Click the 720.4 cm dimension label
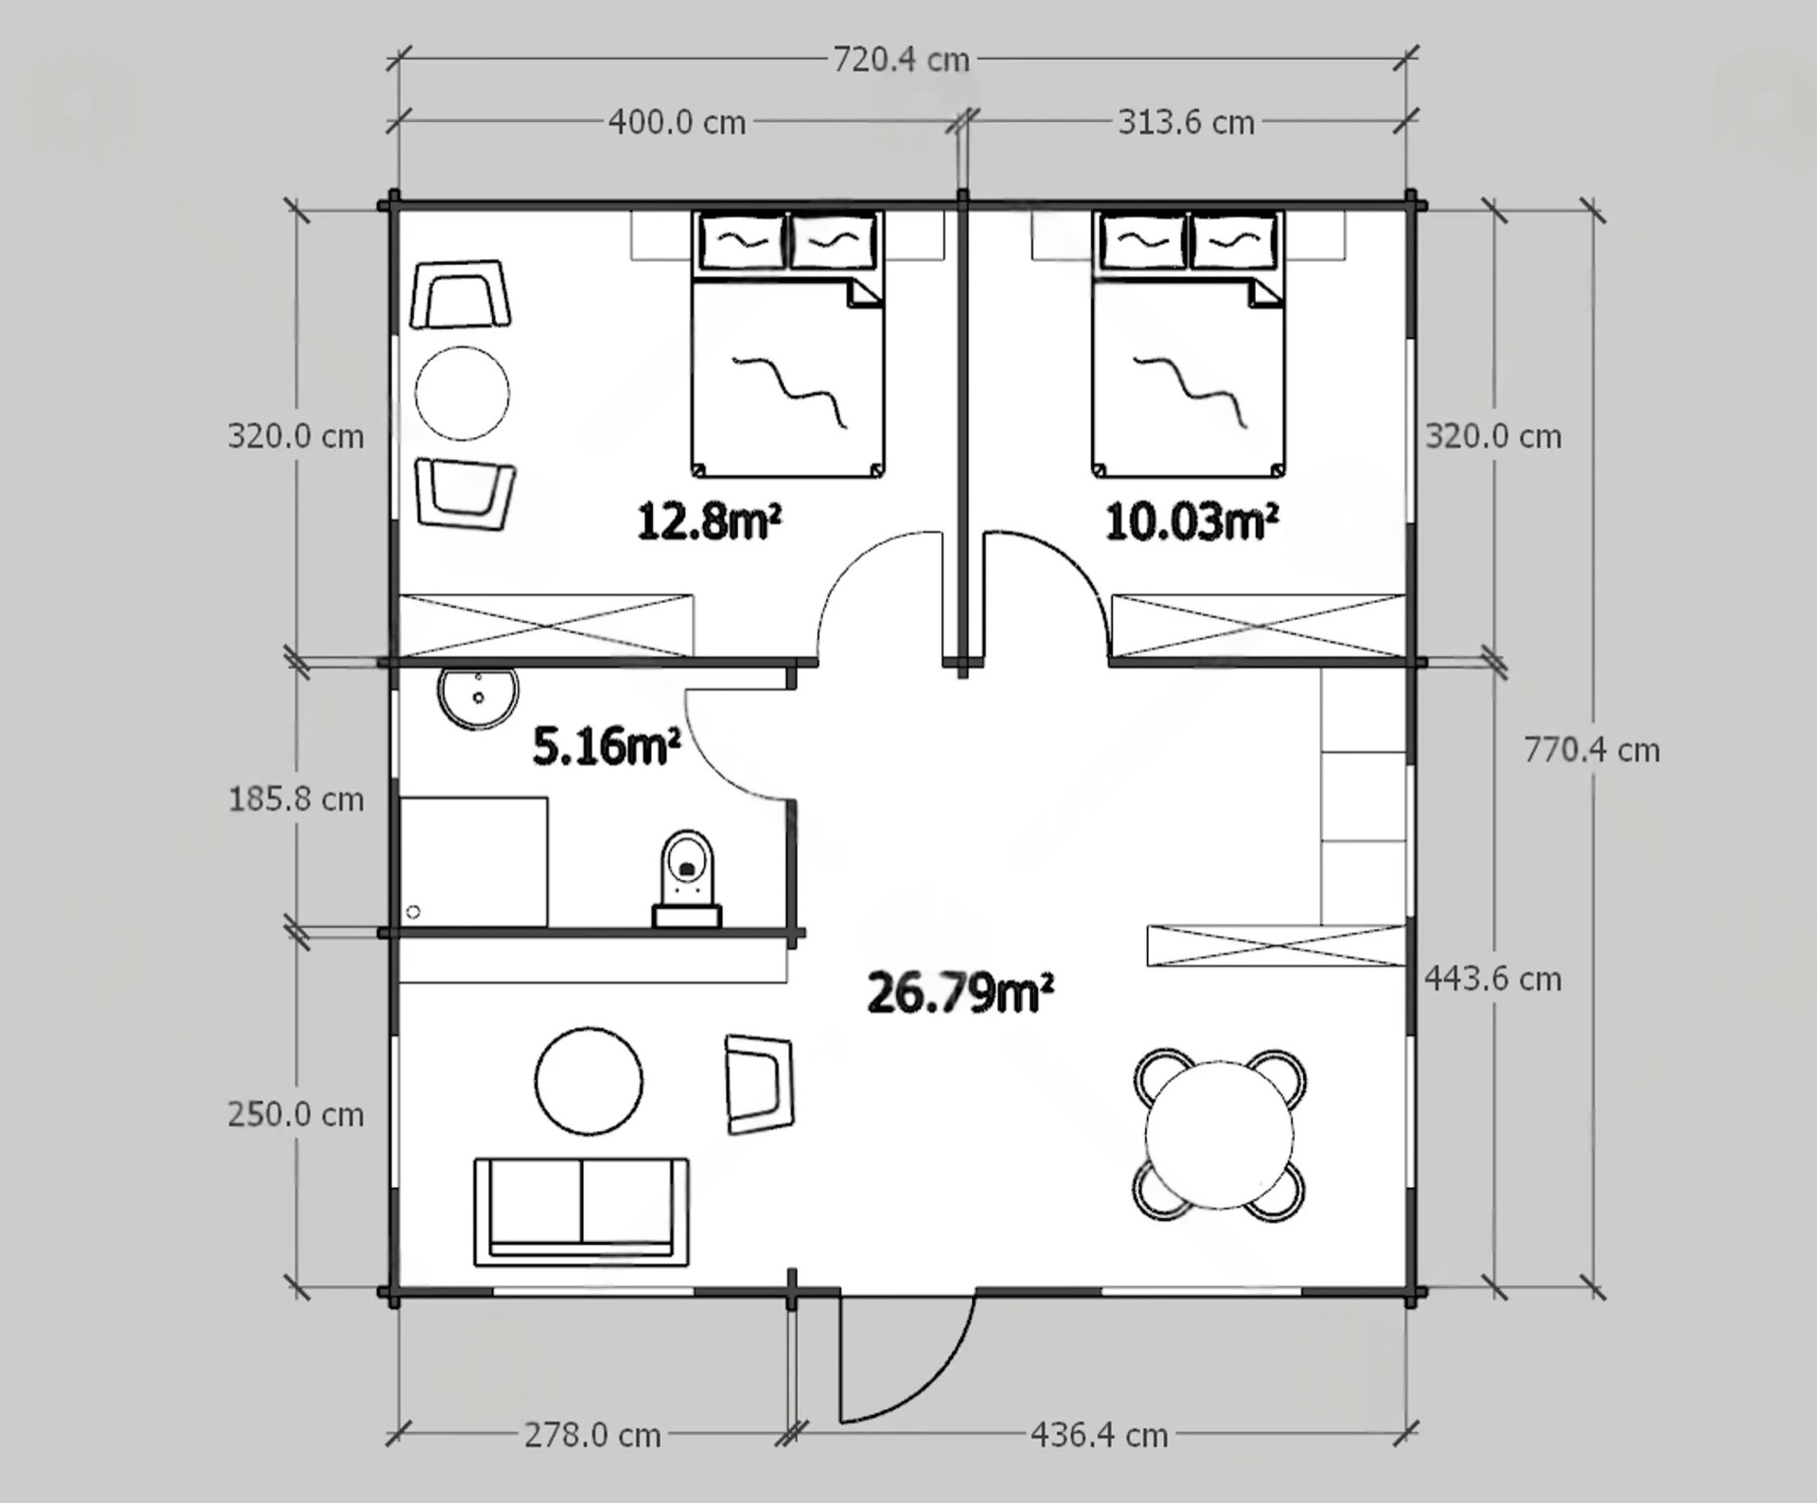click(901, 60)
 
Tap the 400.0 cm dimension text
click(677, 122)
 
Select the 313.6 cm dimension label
click(1186, 122)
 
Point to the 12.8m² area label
click(709, 521)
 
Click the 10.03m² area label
click(1191, 521)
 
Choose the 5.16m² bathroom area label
click(607, 746)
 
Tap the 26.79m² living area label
click(960, 993)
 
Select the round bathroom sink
click(478, 698)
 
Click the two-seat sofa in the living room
click(581, 1211)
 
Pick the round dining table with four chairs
click(1219, 1135)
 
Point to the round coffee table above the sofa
click(589, 1081)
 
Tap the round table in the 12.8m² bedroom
click(462, 393)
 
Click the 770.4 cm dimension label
click(1592, 751)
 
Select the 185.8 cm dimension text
click(296, 800)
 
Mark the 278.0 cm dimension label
click(592, 1436)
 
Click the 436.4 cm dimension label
click(1099, 1436)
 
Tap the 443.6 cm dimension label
click(1493, 979)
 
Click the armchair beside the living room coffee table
click(759, 1084)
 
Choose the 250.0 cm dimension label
click(296, 1115)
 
